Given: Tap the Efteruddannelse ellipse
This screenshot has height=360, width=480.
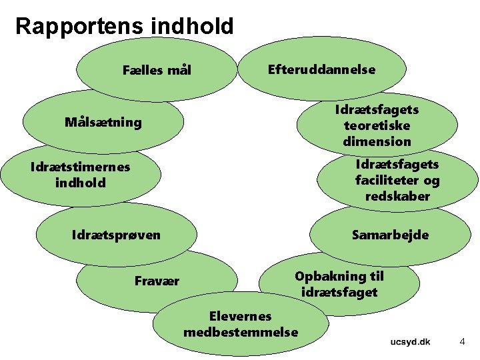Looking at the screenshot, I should pos(321,69).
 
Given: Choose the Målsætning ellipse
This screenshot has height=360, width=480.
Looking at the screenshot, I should pos(103,122).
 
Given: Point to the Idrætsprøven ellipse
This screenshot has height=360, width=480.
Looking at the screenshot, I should pos(116,235).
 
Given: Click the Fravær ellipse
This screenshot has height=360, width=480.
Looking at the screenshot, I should pos(157,281).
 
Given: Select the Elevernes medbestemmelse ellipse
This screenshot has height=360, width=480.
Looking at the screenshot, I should pos(241,323).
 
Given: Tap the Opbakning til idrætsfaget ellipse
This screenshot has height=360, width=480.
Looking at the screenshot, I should pos(339,283).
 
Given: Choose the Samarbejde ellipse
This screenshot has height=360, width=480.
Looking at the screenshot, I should pos(390,235).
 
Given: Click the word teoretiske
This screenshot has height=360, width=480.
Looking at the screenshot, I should pos(377,125).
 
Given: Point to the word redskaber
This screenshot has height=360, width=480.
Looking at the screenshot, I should pos(397,196).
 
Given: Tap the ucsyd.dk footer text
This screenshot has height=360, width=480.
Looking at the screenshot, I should pos(410,342).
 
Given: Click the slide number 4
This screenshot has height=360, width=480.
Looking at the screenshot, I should pos(462,342).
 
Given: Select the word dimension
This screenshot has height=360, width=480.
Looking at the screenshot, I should pos(377,141).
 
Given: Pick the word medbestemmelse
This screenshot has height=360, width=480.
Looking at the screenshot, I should pos(241,331).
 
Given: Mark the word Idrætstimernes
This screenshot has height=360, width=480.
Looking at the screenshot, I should pos(80,167).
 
